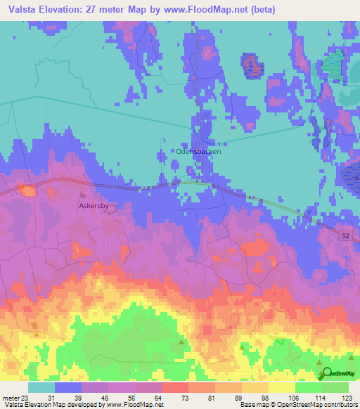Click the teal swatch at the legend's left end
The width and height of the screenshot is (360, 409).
pos(41,387)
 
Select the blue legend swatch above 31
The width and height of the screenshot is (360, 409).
pos(68,387)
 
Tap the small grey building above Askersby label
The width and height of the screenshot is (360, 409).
pos(83,196)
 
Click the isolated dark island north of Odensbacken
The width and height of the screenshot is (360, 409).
pos(252,65)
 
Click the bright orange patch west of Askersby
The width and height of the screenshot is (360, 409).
pos(28,190)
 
